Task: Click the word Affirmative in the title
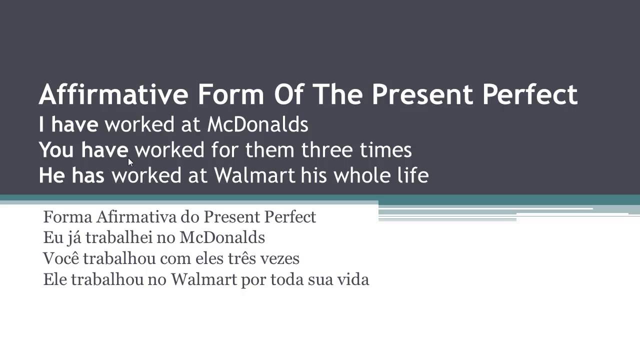[x=113, y=94]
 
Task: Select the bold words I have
[x=68, y=124]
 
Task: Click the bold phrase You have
[x=83, y=150]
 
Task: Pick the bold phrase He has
[x=71, y=175]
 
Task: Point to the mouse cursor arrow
[x=130, y=162]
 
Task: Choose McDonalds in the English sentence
[x=257, y=124]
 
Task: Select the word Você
[x=61, y=258]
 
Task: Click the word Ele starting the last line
[x=55, y=279]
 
